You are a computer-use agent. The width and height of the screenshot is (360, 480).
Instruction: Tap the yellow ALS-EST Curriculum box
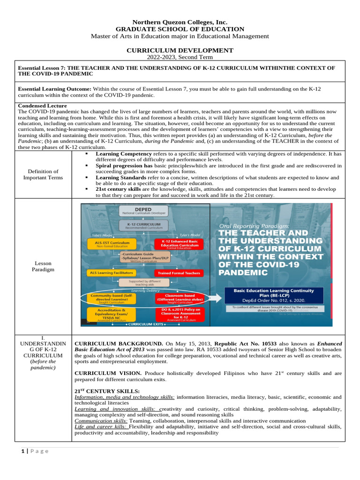click(x=112, y=244)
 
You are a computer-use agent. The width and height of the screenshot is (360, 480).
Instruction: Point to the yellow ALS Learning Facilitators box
click(x=112, y=272)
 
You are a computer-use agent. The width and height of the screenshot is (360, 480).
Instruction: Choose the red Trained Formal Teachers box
click(x=179, y=272)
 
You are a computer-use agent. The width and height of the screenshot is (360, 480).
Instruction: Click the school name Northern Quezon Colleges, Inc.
click(x=180, y=22)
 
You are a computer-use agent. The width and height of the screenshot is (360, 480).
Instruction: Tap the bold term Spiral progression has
click(x=124, y=165)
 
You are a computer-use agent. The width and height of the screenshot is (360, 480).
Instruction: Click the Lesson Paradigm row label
click(x=43, y=266)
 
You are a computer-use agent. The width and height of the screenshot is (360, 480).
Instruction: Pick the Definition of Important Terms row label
click(x=43, y=174)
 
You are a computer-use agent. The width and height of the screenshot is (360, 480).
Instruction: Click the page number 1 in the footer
click(x=22, y=451)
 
